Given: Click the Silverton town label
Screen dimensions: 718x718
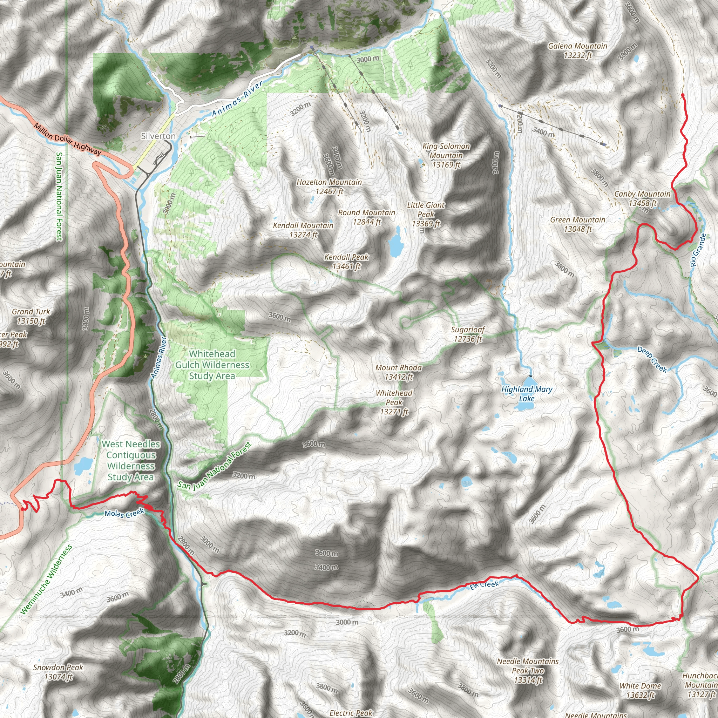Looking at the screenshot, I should coord(158,136).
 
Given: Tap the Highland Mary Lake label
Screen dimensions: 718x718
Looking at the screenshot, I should coord(527,394).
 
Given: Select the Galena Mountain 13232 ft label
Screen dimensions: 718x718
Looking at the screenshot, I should coord(577,50).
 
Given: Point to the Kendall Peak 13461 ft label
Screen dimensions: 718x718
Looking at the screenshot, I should coord(346,261).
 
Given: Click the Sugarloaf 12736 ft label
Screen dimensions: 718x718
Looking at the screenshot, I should coord(468,334).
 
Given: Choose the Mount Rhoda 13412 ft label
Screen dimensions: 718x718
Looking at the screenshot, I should coord(398,372).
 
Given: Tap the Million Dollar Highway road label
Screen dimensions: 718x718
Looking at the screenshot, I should coord(67,139).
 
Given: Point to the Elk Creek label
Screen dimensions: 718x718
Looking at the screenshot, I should coord(484,585).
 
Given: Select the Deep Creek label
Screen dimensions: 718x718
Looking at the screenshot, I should coord(652,359).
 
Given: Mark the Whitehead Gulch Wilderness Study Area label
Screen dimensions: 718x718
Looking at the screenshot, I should coord(212,365).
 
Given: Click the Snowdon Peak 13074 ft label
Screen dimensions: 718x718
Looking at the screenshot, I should coord(58,672).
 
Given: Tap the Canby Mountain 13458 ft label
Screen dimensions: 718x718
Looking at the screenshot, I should coord(642,198).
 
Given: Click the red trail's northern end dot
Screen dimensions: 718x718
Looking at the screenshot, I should coord(683,95).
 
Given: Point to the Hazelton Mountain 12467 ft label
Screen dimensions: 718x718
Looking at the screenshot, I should coord(329,187).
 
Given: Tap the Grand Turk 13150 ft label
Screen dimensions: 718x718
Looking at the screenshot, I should coord(31,316).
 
